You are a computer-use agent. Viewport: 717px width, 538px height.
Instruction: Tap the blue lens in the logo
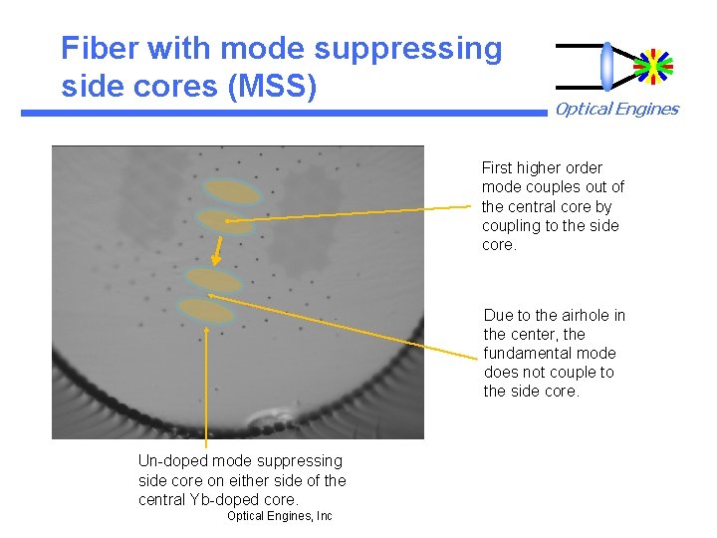click(x=607, y=66)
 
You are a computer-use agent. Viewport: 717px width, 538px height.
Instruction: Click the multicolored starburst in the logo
click(x=653, y=66)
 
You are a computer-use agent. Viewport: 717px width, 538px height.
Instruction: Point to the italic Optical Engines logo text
click(x=616, y=110)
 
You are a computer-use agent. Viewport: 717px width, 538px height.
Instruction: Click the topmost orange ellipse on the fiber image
click(x=231, y=191)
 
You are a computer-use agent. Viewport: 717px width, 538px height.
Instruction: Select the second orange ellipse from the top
click(x=225, y=221)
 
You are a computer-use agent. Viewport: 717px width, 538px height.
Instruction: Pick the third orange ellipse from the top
click(x=213, y=280)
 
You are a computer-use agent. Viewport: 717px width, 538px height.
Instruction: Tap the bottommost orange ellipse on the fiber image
click(x=206, y=311)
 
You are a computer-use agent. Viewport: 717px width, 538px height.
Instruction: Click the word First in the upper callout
click(x=499, y=168)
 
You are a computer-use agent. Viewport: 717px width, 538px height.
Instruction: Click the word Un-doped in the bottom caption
click(x=169, y=461)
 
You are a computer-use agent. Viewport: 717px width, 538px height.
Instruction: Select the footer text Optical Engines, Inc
click(x=279, y=516)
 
